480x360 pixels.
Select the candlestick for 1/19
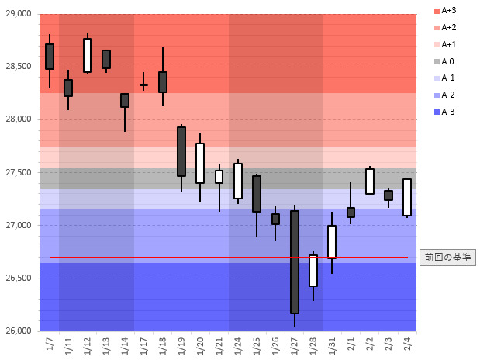[x=181, y=152]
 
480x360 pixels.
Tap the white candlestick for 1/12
[x=87, y=55]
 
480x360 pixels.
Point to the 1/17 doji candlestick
[x=143, y=85]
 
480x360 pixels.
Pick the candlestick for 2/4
[x=407, y=197]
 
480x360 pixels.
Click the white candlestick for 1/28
[x=313, y=271]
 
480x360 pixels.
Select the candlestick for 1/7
[x=50, y=57]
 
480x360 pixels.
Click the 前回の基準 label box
[x=447, y=257]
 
